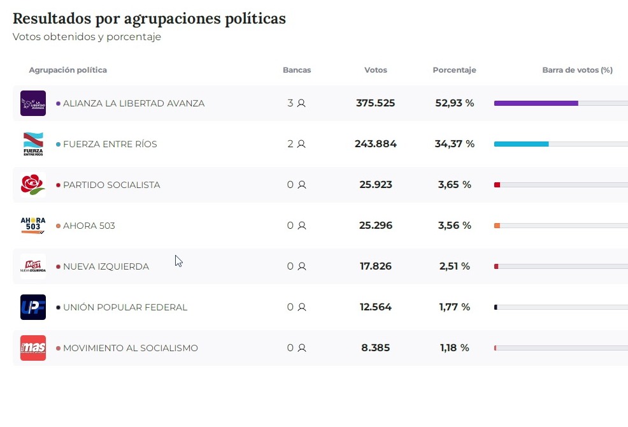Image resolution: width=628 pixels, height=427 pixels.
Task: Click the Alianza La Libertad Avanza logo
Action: [33, 103]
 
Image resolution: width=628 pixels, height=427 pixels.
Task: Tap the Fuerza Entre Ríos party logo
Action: [33, 144]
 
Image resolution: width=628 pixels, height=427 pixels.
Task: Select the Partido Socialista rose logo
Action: [33, 185]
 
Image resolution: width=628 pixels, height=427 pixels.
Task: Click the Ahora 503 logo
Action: [33, 226]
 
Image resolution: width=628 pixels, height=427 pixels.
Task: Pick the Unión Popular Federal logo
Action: [33, 307]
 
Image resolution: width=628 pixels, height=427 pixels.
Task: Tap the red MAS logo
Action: [33, 348]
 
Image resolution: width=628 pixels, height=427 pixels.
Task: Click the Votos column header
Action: [376, 70]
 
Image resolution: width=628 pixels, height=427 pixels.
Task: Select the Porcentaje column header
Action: [454, 70]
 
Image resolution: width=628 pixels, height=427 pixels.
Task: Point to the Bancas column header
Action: [297, 70]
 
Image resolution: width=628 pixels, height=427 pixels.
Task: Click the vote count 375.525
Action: [376, 103]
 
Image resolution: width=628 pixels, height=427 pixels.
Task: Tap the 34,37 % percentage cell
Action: [455, 144]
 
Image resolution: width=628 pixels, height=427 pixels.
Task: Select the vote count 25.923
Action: [376, 185]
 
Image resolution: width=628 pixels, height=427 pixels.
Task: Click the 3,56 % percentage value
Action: [455, 226]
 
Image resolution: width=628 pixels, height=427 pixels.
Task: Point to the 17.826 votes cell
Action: [376, 266]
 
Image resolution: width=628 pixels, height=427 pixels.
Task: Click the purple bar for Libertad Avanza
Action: [536, 103]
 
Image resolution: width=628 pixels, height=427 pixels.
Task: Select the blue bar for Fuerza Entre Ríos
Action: [521, 144]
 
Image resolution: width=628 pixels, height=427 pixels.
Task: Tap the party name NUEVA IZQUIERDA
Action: [106, 266]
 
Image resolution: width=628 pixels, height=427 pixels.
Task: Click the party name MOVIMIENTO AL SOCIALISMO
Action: [131, 348]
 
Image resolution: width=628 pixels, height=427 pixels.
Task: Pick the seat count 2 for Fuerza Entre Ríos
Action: [291, 144]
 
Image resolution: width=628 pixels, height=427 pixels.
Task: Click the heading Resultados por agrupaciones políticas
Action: [149, 18]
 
